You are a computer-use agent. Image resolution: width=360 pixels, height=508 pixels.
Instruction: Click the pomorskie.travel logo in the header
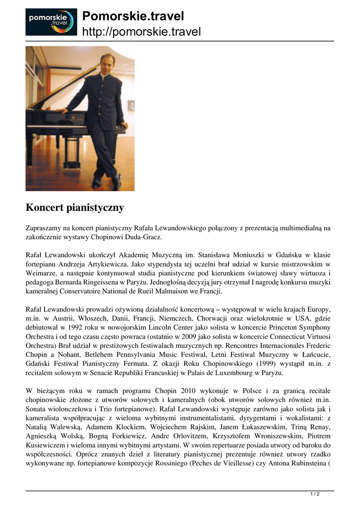coord(51,22)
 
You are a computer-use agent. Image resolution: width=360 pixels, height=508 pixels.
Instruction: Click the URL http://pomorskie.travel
coord(141,32)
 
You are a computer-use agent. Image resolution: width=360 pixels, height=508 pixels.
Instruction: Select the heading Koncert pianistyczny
coord(74,207)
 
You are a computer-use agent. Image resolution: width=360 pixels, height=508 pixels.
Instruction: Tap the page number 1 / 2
coord(315,494)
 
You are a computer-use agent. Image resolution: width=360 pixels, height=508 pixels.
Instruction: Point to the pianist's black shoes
coord(106,182)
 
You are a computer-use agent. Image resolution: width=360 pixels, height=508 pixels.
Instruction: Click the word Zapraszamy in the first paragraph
coord(43,228)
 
